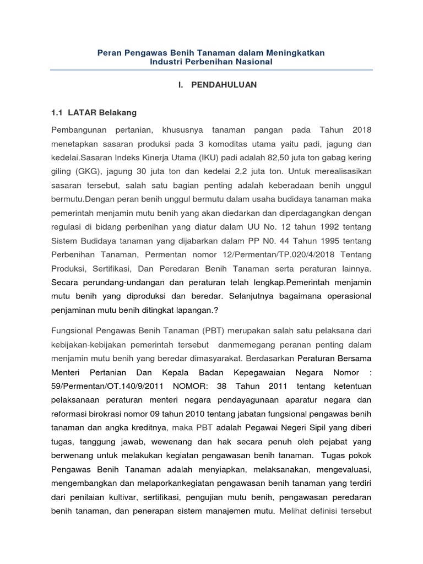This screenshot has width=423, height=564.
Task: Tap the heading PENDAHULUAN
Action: (x=224, y=85)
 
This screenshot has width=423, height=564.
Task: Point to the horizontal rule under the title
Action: (x=211, y=70)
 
